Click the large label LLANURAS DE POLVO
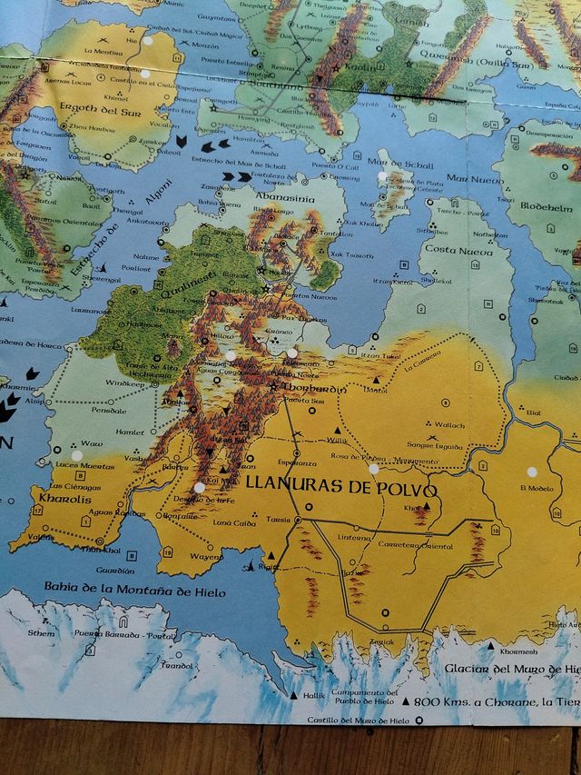tap(342, 487)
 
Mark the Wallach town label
tap(448, 424)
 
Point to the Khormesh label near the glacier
tap(519, 651)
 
